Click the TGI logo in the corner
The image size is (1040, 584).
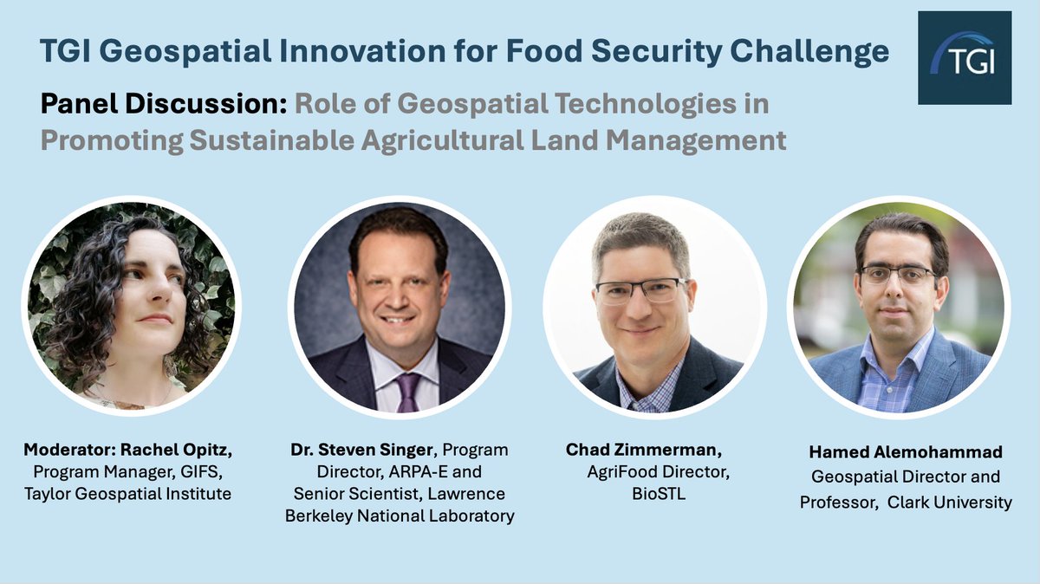click(965, 58)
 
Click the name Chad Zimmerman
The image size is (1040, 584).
click(642, 450)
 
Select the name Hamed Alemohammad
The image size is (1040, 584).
click(906, 452)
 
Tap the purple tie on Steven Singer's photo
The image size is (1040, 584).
click(406, 392)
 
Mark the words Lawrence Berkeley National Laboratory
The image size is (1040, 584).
click(400, 505)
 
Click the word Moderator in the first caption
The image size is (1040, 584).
click(64, 451)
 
